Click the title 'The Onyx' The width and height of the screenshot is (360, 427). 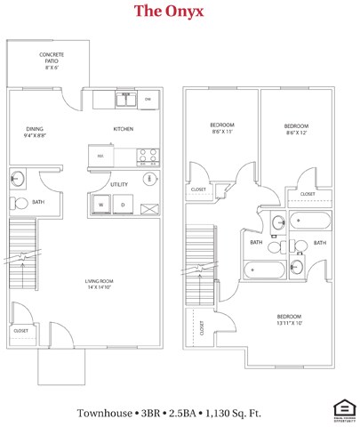pyautogui.click(x=169, y=12)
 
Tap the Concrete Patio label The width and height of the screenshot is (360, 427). pyautogui.click(x=51, y=60)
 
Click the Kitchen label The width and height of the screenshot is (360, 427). pyautogui.click(x=124, y=129)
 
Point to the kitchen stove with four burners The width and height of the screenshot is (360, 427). pyautogui.click(x=147, y=157)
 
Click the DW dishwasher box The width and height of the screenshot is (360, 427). pyautogui.click(x=148, y=99)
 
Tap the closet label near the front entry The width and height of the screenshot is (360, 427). pyautogui.click(x=21, y=330)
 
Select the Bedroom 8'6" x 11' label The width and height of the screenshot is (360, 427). pyautogui.click(x=221, y=128)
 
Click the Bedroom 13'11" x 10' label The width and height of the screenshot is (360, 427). pyautogui.click(x=289, y=320)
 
